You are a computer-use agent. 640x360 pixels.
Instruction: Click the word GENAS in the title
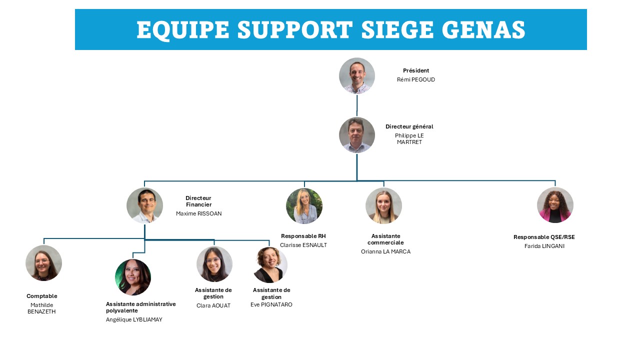click(x=484, y=29)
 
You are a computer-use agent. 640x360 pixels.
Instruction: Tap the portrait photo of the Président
click(x=357, y=75)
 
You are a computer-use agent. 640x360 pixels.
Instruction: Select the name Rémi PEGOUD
click(x=415, y=79)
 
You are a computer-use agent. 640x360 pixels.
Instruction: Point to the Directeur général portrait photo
click(x=357, y=135)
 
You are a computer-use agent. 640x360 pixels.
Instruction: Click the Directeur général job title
click(x=409, y=126)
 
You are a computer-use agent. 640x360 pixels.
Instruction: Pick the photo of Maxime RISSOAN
click(x=144, y=205)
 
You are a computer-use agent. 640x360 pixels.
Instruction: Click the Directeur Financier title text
click(x=198, y=201)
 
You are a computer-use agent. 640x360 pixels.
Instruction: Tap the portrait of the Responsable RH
click(x=304, y=206)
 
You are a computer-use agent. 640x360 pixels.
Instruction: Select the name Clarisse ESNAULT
click(x=303, y=245)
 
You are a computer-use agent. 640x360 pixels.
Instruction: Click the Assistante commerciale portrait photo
click(x=383, y=205)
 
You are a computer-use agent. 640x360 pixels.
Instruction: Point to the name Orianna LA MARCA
click(x=385, y=251)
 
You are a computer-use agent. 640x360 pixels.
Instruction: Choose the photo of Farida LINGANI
click(x=555, y=205)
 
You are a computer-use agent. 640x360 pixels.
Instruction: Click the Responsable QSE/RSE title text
click(x=544, y=237)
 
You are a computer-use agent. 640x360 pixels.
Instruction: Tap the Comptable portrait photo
click(x=43, y=263)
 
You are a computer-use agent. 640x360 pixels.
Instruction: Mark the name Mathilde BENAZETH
click(x=41, y=308)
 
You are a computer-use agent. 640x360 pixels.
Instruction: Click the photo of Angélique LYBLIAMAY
click(x=133, y=277)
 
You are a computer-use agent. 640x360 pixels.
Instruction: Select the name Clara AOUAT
click(x=213, y=305)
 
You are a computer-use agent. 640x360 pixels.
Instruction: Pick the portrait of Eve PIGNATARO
click(x=270, y=265)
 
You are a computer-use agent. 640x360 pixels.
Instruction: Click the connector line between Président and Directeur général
click(x=357, y=105)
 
